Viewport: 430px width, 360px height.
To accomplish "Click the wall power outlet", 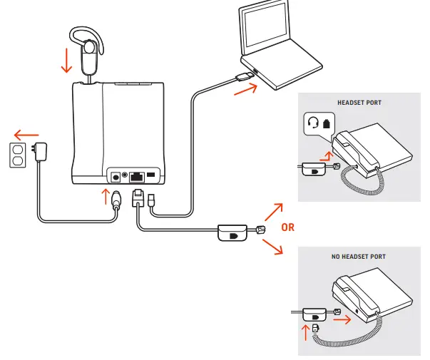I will point(17,155).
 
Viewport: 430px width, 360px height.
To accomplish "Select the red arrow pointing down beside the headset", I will point(67,60).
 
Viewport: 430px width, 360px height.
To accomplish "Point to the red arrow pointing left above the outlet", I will point(26,133).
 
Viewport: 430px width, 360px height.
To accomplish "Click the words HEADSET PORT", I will point(359,103).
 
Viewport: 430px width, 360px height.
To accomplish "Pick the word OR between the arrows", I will point(287,228).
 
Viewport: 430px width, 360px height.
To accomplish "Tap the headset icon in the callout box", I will point(312,123).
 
